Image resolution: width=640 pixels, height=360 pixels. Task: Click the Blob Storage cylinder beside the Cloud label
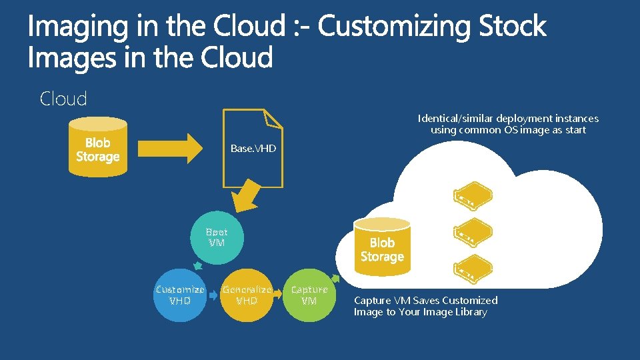coord(97,148)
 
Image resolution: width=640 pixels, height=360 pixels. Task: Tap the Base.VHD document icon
coord(253,148)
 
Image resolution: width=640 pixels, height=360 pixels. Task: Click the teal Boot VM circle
coord(217,238)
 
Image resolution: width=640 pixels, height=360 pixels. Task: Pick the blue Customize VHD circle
coord(179,295)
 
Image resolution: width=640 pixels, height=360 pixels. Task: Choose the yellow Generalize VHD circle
coord(247,295)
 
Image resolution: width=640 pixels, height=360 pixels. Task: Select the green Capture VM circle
coord(309,295)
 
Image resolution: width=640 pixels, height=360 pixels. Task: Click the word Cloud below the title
coord(63,99)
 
